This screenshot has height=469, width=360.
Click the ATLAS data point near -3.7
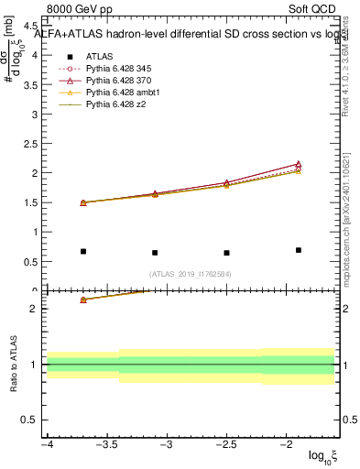click(83, 251)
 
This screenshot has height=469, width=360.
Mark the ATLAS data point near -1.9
click(299, 250)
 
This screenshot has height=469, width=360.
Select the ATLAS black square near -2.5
click(226, 253)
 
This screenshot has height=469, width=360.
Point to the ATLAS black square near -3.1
click(155, 253)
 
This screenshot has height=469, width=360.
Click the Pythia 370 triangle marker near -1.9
click(299, 164)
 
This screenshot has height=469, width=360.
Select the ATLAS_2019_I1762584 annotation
click(191, 274)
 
